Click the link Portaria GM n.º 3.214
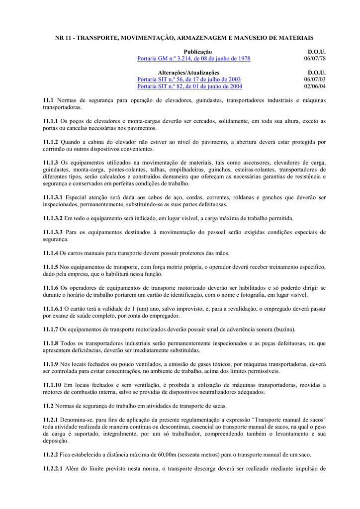coord(193,59)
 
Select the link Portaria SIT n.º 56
coord(189,80)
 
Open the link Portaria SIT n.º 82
coord(189,86)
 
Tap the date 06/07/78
coord(315,59)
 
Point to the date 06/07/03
coord(315,80)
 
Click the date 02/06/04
coord(315,86)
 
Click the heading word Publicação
coord(198,52)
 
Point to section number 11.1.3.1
coord(53,197)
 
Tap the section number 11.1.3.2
coord(53,218)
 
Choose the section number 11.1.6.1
coord(53,309)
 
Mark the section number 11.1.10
coord(52,385)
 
